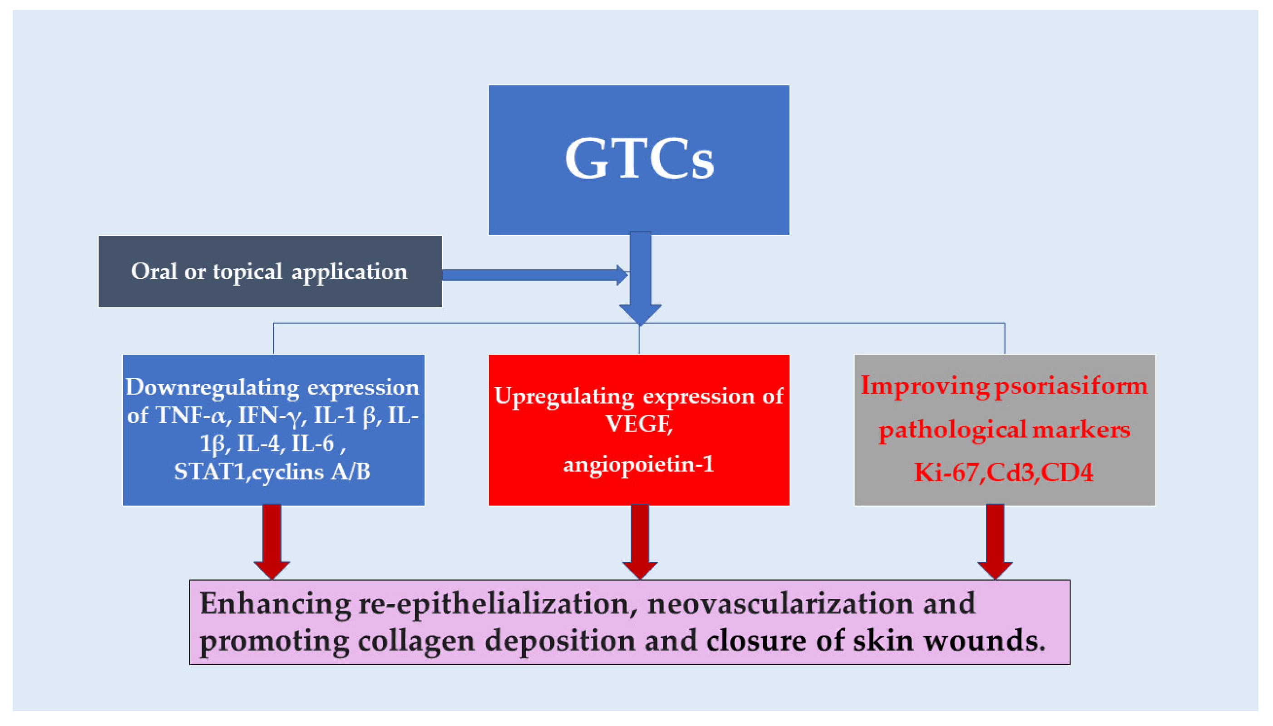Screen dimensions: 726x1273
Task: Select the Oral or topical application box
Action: (270, 272)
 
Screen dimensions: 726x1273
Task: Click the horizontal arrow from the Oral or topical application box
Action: (533, 275)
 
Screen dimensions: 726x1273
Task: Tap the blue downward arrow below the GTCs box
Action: (640, 279)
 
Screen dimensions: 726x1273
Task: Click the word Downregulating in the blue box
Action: (212, 388)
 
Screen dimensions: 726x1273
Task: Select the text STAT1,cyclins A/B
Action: (272, 472)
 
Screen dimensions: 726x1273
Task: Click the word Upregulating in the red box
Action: (564, 397)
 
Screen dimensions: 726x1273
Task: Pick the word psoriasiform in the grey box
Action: (1071, 386)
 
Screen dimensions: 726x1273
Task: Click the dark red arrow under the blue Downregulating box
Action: (271, 541)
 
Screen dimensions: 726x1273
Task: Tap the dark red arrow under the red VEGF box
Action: (640, 541)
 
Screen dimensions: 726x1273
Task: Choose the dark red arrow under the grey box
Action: (995, 541)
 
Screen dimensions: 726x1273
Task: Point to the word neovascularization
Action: (780, 604)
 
